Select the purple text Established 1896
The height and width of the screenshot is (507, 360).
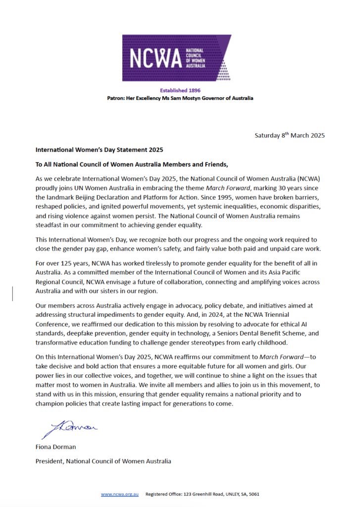(180, 91)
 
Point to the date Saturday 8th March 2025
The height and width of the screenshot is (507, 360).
(290, 135)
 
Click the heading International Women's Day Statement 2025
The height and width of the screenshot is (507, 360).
(99, 150)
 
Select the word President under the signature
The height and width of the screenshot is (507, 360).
(50, 461)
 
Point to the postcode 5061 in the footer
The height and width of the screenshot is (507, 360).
(253, 494)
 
